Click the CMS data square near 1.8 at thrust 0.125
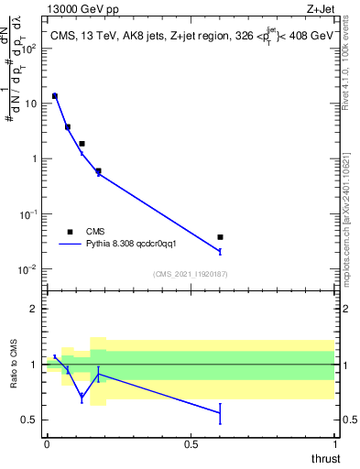(82, 144)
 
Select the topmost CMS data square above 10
(55, 95)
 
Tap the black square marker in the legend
(69, 232)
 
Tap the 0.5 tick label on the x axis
(191, 443)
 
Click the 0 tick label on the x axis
(47, 443)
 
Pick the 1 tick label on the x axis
(334, 443)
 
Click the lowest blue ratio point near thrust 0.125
(82, 397)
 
